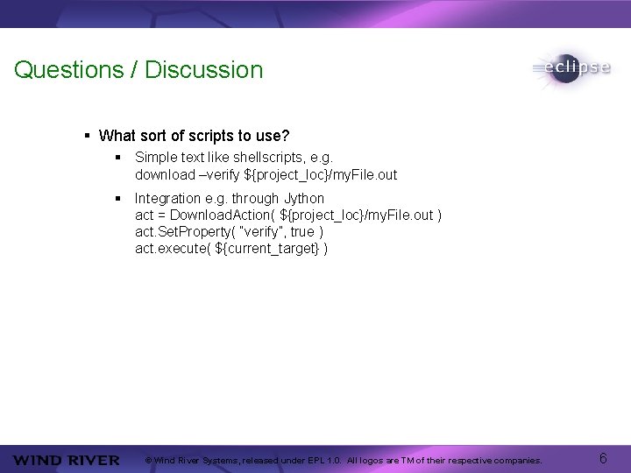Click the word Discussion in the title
[x=203, y=70]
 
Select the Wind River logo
[x=67, y=460]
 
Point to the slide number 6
[x=603, y=458]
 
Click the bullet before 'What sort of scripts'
[x=88, y=136]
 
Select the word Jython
[x=303, y=199]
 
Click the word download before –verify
[x=165, y=174]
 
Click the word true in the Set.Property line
[x=302, y=232]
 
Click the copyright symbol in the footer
[x=149, y=460]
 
